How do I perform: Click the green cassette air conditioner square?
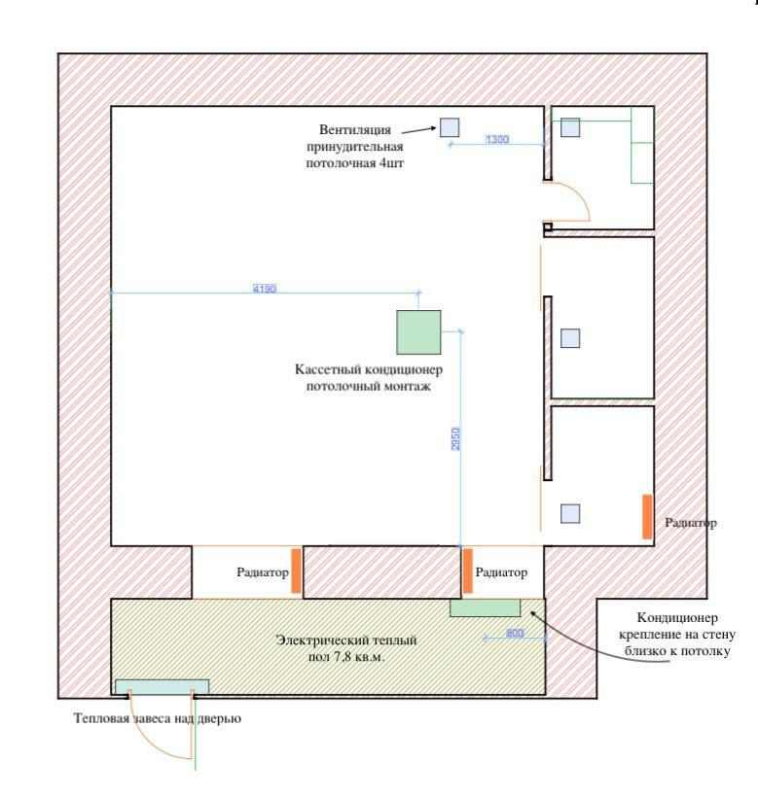418,331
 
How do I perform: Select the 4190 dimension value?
265,289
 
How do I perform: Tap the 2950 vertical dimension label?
455,438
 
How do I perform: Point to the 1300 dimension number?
496,140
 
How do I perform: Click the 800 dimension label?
516,634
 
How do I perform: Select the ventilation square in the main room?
449,126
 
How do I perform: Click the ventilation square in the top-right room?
570,127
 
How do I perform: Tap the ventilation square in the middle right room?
570,338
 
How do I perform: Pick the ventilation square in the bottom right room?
570,513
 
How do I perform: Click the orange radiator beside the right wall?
647,516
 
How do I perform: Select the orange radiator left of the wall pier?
297,571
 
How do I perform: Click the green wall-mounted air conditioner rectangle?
485,607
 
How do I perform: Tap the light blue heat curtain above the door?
162,686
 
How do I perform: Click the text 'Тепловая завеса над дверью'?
157,719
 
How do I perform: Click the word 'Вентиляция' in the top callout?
355,129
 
